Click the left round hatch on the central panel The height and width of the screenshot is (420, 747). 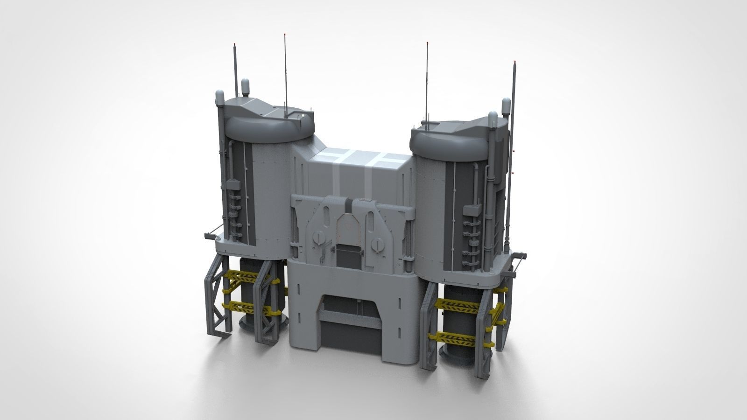pyautogui.click(x=317, y=237)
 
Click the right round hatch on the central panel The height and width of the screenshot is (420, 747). pyautogui.click(x=378, y=244)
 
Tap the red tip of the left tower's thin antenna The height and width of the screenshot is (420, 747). pyautogui.click(x=285, y=35)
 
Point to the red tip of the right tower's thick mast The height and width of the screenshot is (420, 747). pyautogui.click(x=515, y=62)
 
